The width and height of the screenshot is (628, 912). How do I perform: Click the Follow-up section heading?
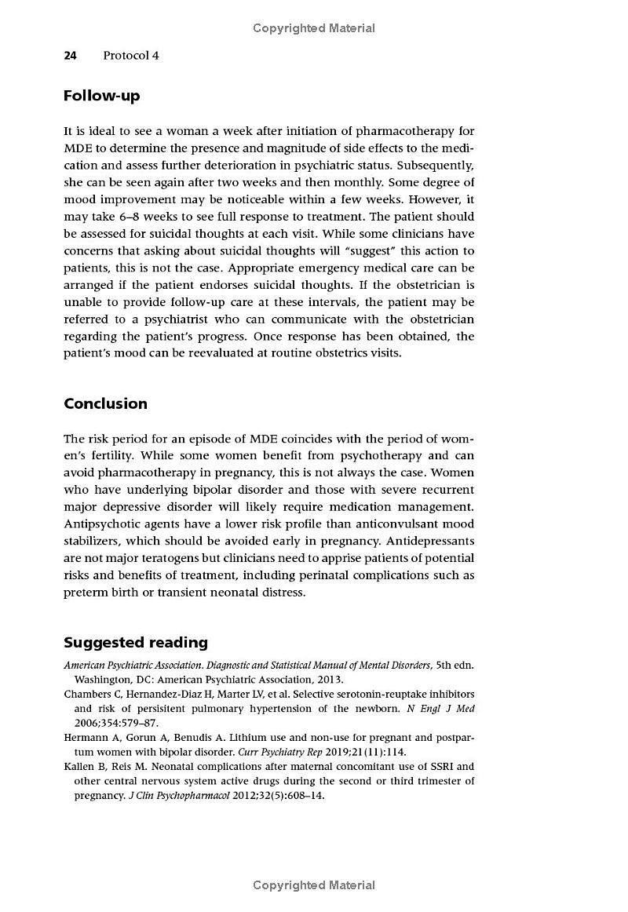(x=101, y=96)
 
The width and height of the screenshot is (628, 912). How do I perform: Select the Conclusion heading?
(x=105, y=403)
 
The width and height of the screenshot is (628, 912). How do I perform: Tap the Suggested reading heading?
(x=136, y=643)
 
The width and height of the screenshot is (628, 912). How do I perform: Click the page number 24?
(x=70, y=56)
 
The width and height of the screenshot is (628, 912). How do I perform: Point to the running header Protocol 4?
(x=130, y=56)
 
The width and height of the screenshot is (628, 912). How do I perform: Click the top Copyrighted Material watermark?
(x=314, y=28)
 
